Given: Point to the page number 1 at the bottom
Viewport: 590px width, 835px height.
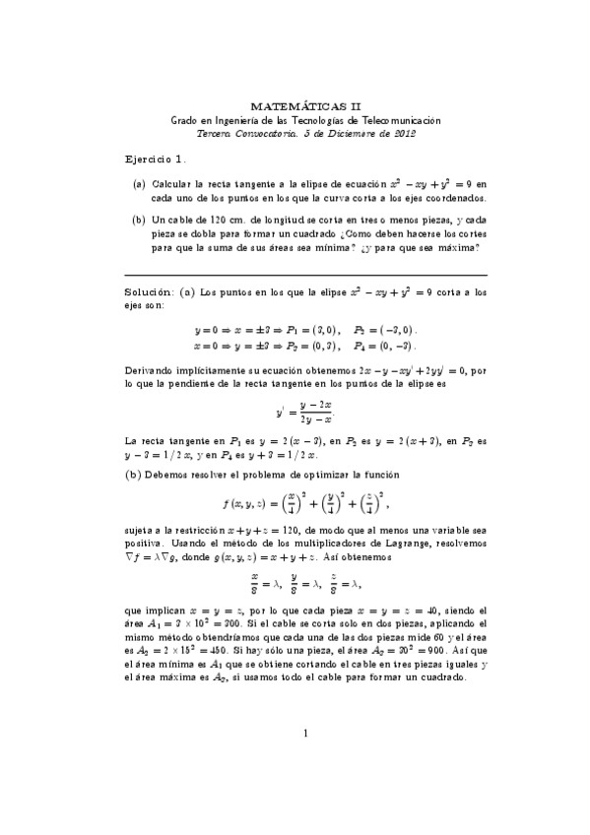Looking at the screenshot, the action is (x=306, y=759).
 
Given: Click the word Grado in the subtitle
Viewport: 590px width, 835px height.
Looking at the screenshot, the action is (x=184, y=118).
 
